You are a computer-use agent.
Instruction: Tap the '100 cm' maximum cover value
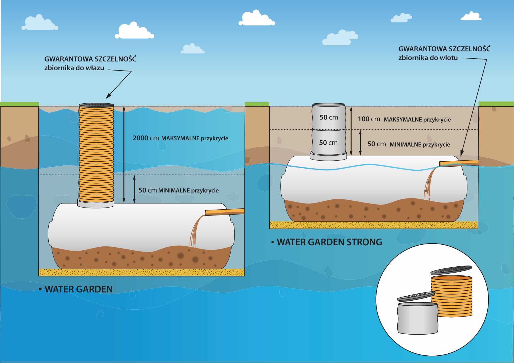pos(369,119)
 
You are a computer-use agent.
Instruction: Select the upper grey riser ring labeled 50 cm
pos(329,117)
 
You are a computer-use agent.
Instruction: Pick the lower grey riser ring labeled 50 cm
pos(328,143)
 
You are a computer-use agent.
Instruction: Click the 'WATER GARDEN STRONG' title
pos(329,242)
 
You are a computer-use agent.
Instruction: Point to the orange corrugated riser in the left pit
pos(96,152)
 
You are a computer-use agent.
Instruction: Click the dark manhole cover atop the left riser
pos(96,105)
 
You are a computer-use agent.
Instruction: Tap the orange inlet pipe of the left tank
pos(224,212)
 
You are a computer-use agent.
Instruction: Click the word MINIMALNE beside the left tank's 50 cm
pos(174,191)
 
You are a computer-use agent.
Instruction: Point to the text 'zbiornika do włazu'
pos(74,68)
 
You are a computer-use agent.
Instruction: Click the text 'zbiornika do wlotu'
pos(428,58)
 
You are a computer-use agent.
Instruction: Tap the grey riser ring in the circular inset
pos(418,319)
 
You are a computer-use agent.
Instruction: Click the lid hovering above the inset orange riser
pos(451,270)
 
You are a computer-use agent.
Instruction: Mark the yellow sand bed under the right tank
pos(374,225)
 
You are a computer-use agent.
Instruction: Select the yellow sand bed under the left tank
pos(142,272)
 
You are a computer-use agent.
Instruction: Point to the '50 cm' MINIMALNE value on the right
pos(376,144)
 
